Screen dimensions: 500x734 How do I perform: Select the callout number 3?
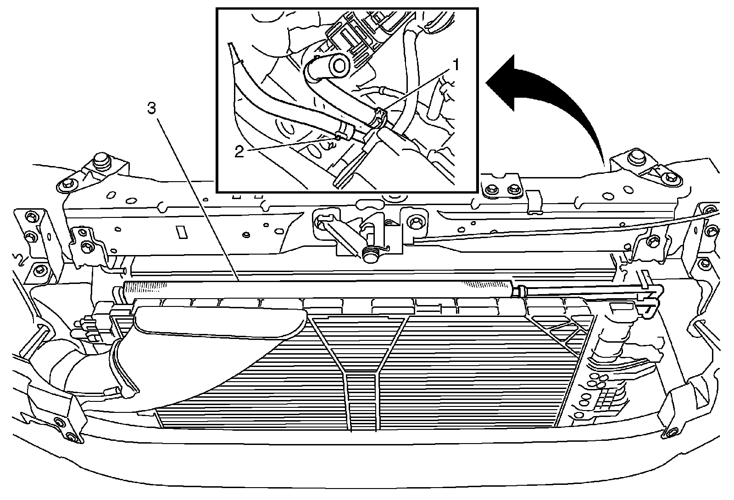[152, 109]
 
